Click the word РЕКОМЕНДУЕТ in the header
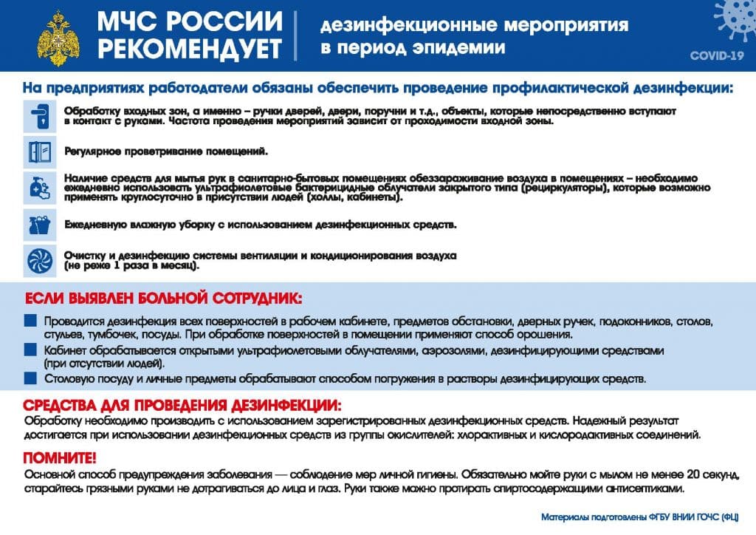click(190, 49)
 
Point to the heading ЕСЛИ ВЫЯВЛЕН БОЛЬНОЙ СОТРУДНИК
click(163, 300)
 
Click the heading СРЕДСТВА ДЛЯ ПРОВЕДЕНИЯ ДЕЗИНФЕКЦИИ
click(183, 406)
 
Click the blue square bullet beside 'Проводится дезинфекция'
click(30, 322)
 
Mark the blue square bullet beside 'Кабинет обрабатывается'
click(30, 351)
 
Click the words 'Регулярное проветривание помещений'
click(165, 151)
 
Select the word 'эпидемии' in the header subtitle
click(464, 48)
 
